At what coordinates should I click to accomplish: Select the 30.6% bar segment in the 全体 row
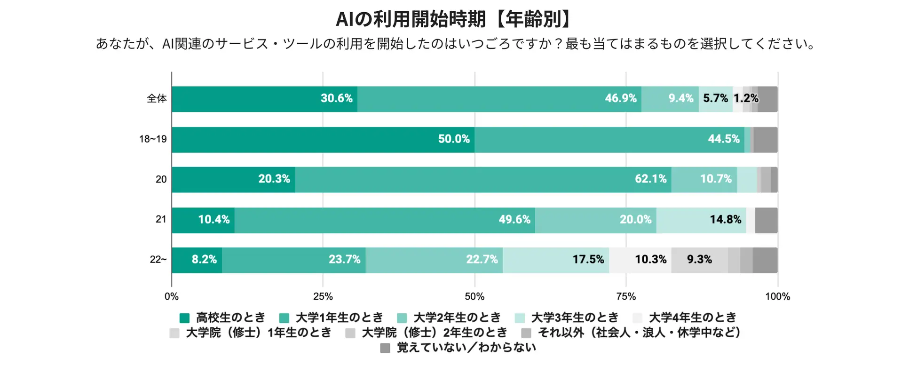click(264, 99)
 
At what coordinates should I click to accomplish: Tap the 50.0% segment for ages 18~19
click(323, 139)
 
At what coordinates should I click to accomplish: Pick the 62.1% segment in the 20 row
click(483, 179)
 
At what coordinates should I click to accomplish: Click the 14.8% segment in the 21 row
click(701, 220)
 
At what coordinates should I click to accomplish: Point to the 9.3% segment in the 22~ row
click(699, 260)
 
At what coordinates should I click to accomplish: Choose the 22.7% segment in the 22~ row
click(434, 260)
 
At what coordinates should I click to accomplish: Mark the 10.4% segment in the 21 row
click(203, 220)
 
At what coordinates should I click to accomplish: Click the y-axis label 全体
click(157, 99)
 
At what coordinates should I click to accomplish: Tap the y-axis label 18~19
click(153, 139)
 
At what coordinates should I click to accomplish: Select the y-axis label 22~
click(158, 260)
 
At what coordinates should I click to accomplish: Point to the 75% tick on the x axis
click(626, 296)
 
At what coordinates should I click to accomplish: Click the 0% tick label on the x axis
click(172, 296)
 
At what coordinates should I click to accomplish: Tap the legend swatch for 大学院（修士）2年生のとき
click(350, 333)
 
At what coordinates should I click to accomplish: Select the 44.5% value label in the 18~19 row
click(724, 139)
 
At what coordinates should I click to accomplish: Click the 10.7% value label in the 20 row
click(716, 179)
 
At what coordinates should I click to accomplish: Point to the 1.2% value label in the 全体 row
click(746, 99)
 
